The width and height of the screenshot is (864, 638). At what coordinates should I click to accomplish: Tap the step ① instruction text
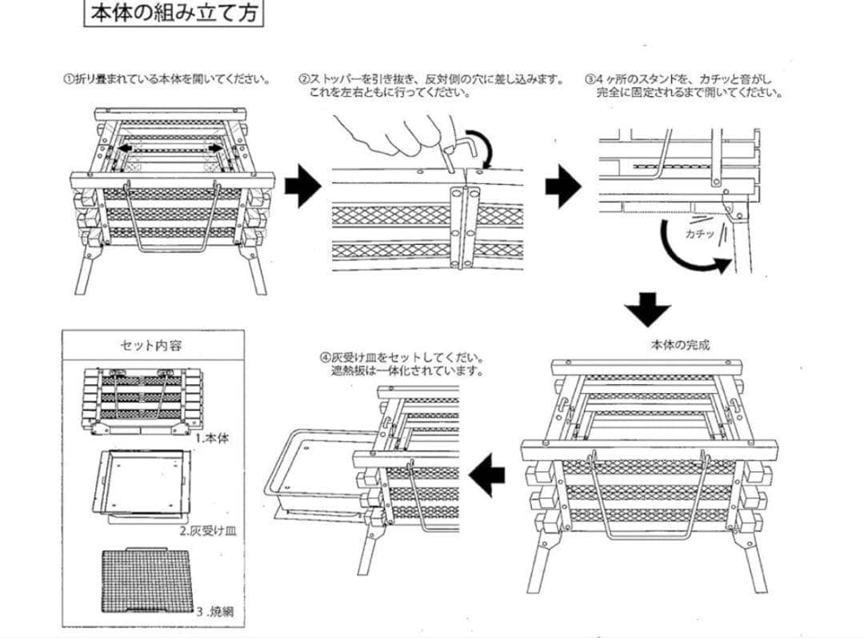(x=166, y=80)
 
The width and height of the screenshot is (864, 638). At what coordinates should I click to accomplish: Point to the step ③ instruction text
(x=683, y=86)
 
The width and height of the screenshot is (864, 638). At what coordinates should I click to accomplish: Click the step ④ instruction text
(x=404, y=365)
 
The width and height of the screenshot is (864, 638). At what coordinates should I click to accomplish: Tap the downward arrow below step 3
(x=648, y=309)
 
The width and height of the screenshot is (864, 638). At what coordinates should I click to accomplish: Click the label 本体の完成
(x=680, y=346)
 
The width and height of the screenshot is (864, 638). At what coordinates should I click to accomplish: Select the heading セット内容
(x=151, y=346)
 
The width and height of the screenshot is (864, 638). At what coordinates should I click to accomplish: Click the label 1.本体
(x=212, y=439)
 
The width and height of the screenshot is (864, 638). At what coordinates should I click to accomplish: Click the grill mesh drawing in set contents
(x=147, y=583)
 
